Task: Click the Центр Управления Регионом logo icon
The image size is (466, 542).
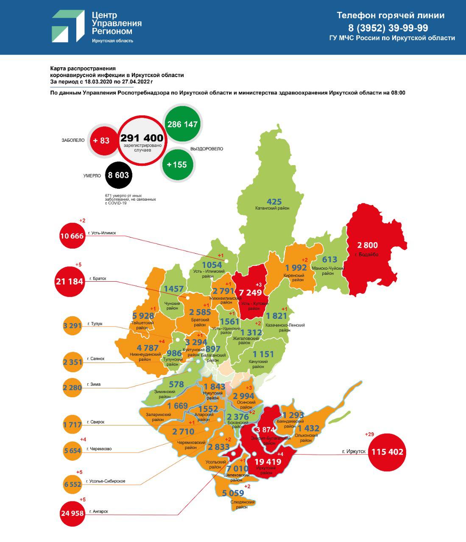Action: coord(68,27)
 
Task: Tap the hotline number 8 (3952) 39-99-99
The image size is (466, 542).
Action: coord(388,28)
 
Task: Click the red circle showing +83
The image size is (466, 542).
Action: coord(101,140)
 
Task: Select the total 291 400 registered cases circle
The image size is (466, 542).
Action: coord(141,140)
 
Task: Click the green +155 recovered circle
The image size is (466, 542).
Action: coord(177,164)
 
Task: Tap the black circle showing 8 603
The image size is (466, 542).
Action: coord(118,175)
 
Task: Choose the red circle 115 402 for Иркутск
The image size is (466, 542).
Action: coord(388,452)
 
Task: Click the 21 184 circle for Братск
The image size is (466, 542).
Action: coord(70,281)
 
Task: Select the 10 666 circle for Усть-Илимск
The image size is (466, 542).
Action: coord(72,235)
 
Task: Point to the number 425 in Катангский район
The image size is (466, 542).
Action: coord(274,201)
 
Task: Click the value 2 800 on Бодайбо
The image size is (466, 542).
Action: coord(367,245)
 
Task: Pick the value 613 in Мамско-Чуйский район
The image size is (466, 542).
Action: coord(329,260)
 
